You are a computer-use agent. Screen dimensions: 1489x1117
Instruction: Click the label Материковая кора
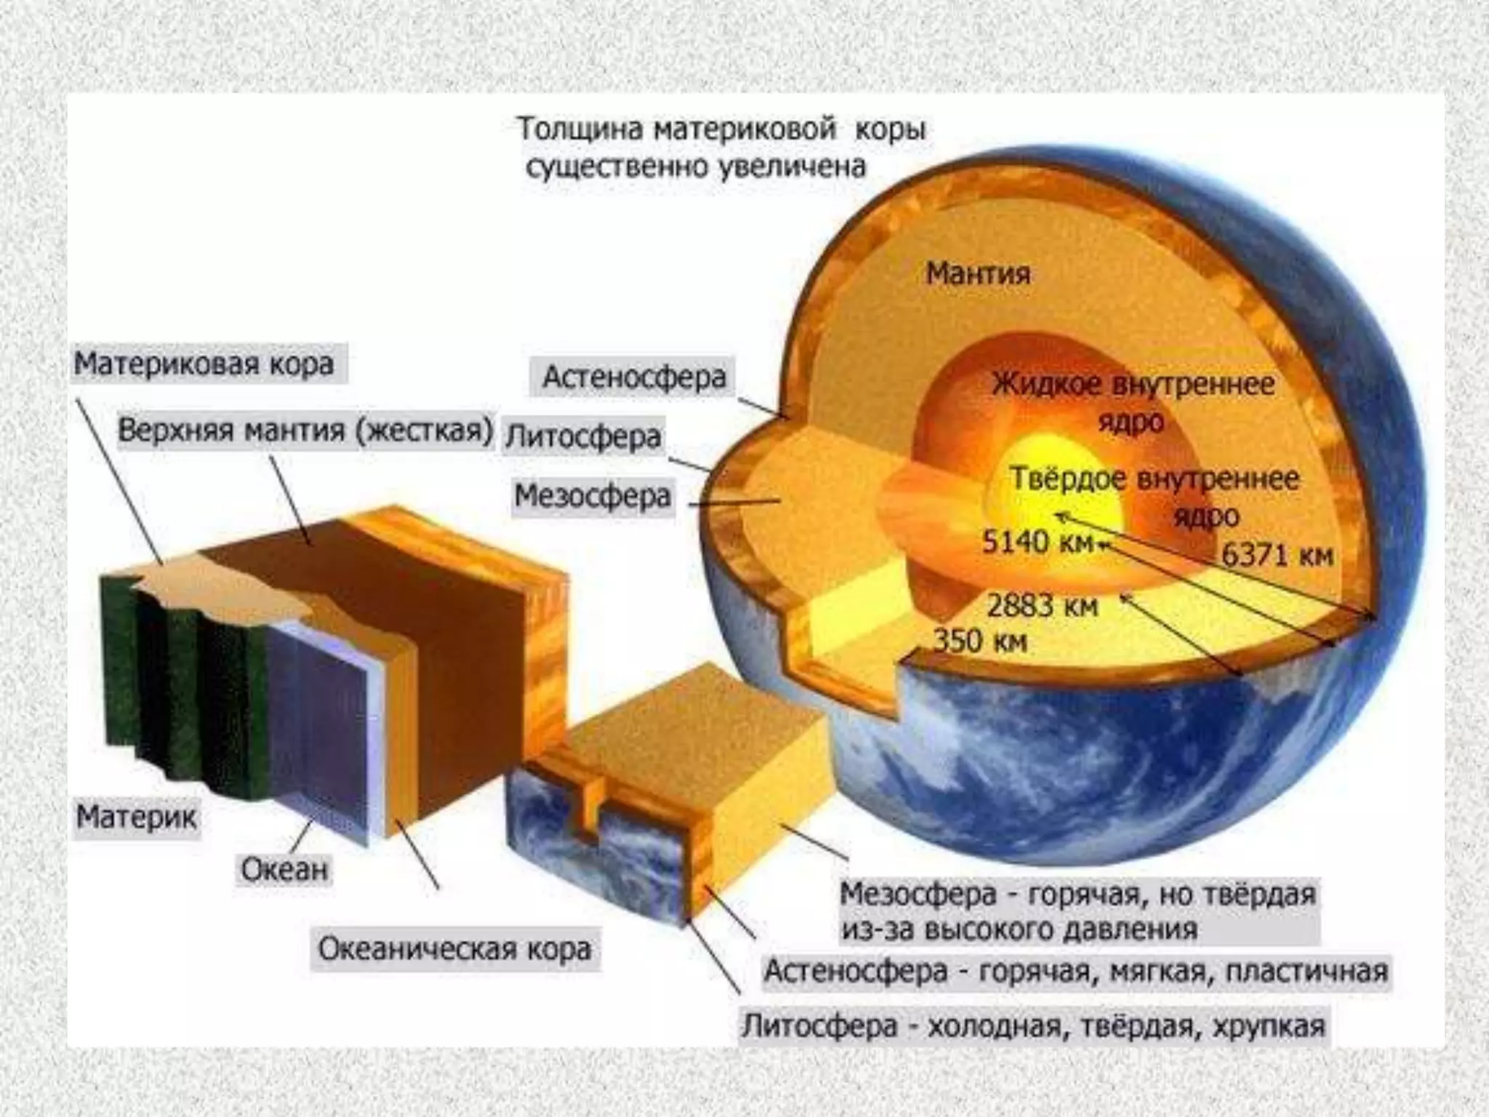point(204,364)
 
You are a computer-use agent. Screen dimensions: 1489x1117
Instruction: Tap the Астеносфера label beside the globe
point(634,377)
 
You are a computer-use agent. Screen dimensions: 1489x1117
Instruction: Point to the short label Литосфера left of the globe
point(583,437)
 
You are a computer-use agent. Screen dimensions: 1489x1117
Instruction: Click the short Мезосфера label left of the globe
point(592,496)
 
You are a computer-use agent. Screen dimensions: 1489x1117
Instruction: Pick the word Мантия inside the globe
point(978,273)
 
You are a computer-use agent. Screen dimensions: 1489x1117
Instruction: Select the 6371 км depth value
point(1277,555)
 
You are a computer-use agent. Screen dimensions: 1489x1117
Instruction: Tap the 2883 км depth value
point(1043,605)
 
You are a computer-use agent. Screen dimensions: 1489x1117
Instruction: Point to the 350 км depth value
point(979,641)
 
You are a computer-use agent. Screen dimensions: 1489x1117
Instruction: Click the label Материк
point(137,817)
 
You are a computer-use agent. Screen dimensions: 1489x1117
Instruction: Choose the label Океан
point(284,869)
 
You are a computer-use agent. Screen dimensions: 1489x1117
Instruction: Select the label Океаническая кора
point(455,949)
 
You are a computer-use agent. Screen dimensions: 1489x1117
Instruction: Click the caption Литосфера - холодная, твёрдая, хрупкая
point(1033,1026)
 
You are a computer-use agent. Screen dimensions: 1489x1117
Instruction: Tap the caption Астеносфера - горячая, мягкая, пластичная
point(1076,971)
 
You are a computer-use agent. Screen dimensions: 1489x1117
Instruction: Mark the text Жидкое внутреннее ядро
point(1133,401)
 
